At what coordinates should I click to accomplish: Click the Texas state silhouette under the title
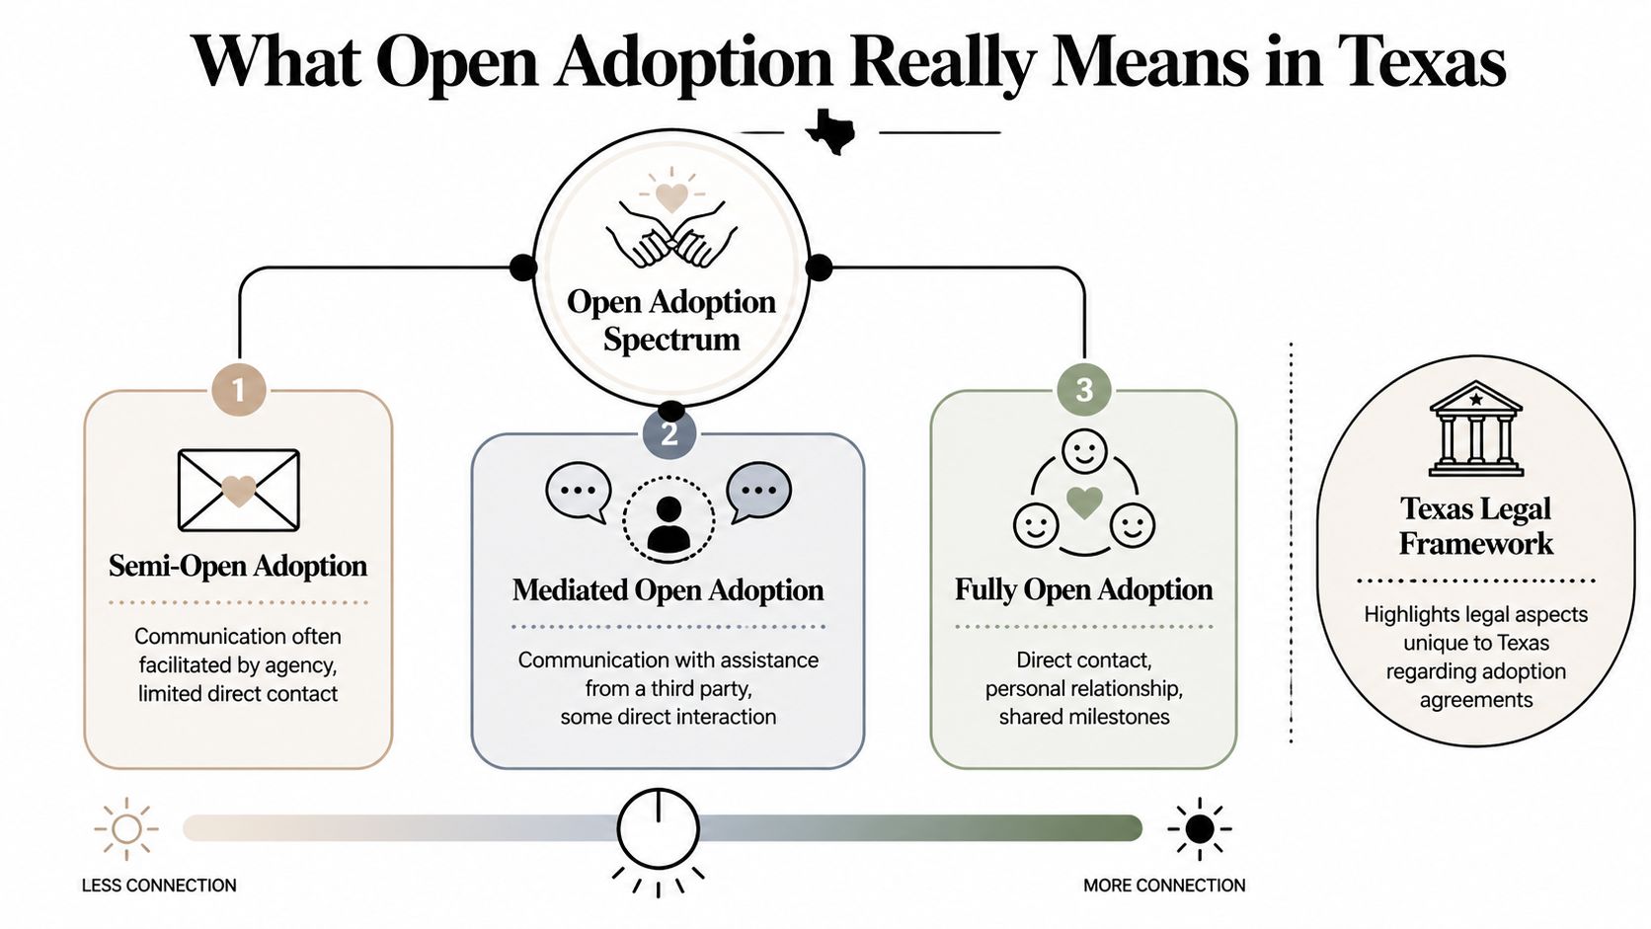pyautogui.click(x=830, y=131)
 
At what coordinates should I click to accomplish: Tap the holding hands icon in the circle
pyautogui.click(x=671, y=235)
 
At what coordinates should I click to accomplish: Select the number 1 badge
pyautogui.click(x=238, y=390)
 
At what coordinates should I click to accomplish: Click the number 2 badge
pyautogui.click(x=668, y=434)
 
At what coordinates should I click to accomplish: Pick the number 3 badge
pyautogui.click(x=1083, y=390)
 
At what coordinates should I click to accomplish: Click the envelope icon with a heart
pyautogui.click(x=238, y=490)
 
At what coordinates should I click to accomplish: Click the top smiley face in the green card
pyautogui.click(x=1083, y=453)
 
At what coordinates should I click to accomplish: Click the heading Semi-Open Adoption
pyautogui.click(x=238, y=566)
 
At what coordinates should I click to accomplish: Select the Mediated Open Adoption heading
pyautogui.click(x=668, y=590)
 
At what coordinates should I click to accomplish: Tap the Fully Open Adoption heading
pyautogui.click(x=1083, y=589)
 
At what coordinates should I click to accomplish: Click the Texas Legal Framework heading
pyautogui.click(x=1475, y=525)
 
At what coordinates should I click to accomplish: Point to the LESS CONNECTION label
pyautogui.click(x=159, y=886)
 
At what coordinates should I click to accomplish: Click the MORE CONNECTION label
pyautogui.click(x=1164, y=886)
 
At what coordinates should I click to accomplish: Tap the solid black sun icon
pyautogui.click(x=1199, y=828)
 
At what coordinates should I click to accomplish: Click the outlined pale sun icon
pyautogui.click(x=126, y=828)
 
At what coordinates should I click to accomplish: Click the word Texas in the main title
pyautogui.click(x=1421, y=61)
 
